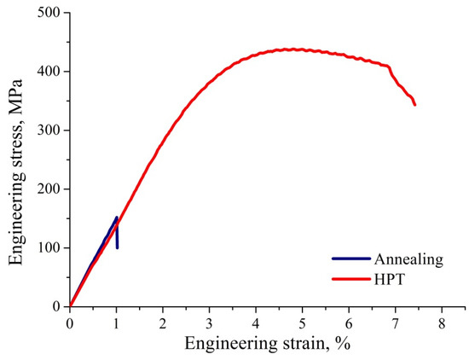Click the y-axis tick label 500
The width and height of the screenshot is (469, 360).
[x=48, y=13]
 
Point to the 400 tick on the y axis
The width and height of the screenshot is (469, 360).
[x=48, y=72]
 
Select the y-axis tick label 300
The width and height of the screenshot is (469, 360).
[x=48, y=131]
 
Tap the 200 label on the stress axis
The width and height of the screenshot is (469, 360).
[x=48, y=189]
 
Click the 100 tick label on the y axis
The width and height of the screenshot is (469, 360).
[x=48, y=248]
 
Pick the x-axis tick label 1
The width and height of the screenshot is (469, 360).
[x=116, y=324]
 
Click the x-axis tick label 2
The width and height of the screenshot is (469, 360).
[x=163, y=324]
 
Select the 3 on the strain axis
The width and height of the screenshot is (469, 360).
[x=210, y=324]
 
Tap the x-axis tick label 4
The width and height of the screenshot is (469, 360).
[x=256, y=324]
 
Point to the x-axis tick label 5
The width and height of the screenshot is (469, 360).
[x=303, y=324]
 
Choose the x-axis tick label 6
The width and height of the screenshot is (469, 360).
[x=349, y=324]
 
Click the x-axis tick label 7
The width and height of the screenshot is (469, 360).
[x=396, y=324]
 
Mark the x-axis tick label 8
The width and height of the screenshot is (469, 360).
[x=442, y=324]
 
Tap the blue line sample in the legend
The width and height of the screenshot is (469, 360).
[x=350, y=258]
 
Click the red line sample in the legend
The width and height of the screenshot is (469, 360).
[x=350, y=277]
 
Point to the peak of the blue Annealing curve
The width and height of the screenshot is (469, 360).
[x=117, y=217]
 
